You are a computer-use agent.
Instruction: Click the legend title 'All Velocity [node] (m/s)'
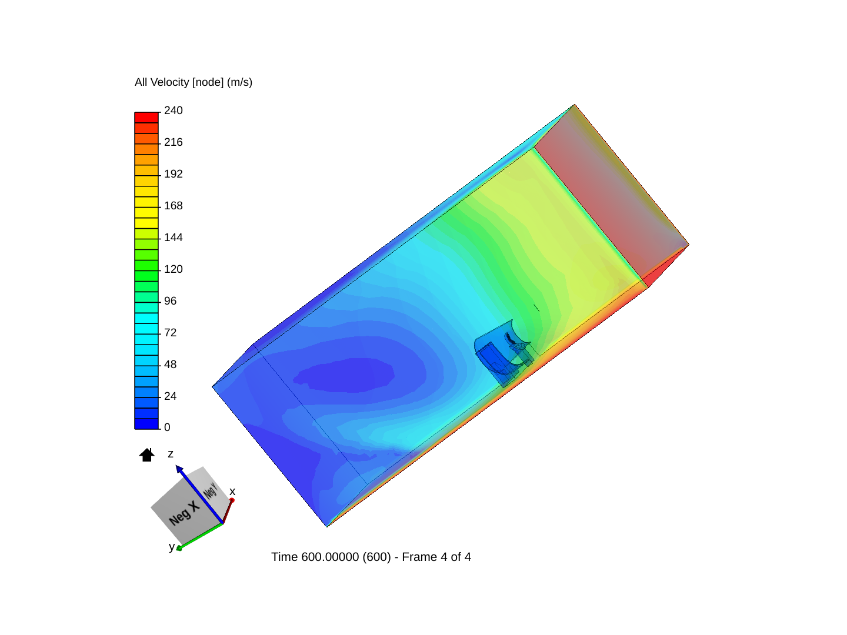pos(193,82)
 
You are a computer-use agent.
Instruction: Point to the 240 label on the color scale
pos(173,111)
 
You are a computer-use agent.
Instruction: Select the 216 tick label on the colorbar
pos(173,142)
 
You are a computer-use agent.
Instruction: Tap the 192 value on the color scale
pos(173,174)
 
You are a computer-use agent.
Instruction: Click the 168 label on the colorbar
pos(173,206)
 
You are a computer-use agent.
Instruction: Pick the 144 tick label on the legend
pos(173,238)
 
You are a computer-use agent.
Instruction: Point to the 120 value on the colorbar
pos(173,269)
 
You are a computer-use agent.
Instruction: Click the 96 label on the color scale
pos(170,301)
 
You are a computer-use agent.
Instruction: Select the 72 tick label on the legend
pos(170,333)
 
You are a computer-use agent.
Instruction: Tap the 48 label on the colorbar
pos(170,365)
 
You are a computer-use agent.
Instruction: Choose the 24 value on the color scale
pos(170,396)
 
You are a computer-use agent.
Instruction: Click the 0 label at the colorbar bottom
pos(167,427)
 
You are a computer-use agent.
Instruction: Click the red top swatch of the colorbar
pos(146,117)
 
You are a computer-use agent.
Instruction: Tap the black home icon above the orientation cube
pos(146,454)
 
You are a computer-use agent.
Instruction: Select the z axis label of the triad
pos(171,454)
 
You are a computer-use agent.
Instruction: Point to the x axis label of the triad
pos(232,492)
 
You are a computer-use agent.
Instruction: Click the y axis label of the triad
pos(171,547)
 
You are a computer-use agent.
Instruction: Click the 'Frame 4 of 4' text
pos(436,557)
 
